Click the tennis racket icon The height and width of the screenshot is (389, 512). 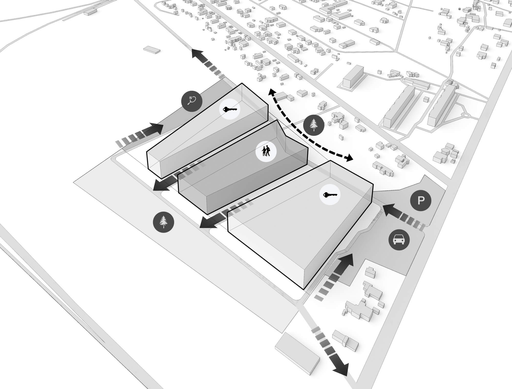click(x=192, y=101)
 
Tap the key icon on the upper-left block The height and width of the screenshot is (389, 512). click(x=230, y=110)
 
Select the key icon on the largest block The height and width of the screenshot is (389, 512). click(x=330, y=194)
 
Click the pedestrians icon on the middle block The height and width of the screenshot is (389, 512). click(x=266, y=151)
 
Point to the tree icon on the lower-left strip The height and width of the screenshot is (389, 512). click(x=163, y=222)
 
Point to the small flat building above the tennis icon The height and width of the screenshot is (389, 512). click(x=152, y=49)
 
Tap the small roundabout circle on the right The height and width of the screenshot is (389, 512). click(x=466, y=115)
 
